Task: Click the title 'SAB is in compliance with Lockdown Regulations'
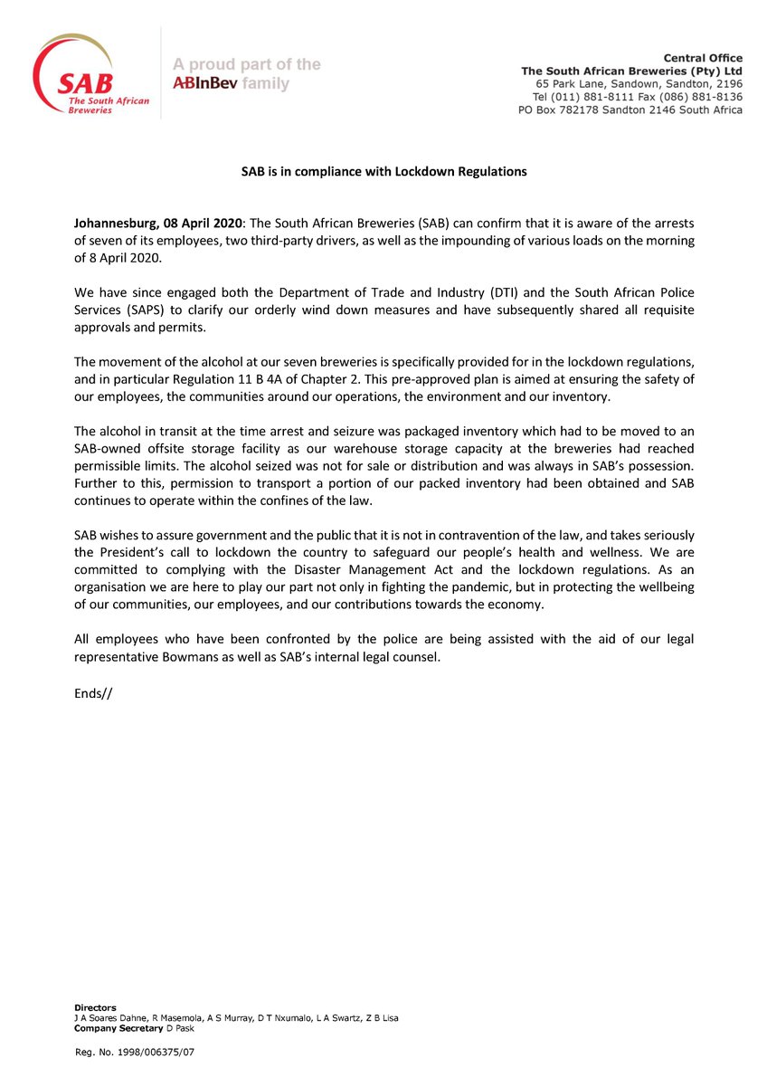(x=383, y=170)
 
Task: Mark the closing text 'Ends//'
(x=93, y=694)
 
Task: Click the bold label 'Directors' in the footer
(x=94, y=1006)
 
